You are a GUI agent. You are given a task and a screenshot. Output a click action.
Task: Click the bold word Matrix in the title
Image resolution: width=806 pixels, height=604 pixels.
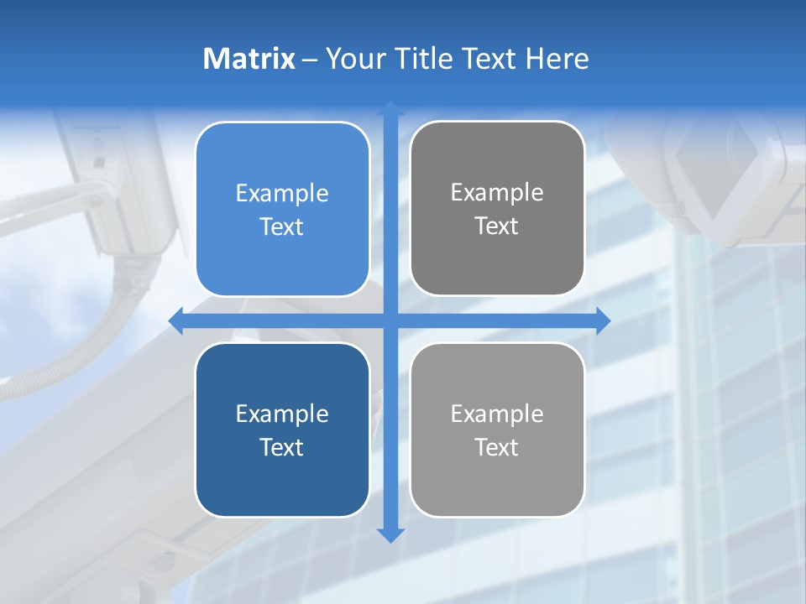[x=249, y=59]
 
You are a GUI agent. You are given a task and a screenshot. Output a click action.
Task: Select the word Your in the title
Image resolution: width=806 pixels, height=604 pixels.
[x=349, y=59]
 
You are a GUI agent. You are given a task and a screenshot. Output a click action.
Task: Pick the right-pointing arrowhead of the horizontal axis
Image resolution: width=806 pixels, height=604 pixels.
[x=603, y=321]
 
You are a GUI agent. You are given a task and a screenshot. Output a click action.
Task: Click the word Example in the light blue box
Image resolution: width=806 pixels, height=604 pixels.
[x=282, y=193]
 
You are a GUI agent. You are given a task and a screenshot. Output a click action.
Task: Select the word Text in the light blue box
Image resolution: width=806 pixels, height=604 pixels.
[x=282, y=226]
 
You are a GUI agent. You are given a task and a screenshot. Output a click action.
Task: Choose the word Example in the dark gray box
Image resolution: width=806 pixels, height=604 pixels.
[x=497, y=192]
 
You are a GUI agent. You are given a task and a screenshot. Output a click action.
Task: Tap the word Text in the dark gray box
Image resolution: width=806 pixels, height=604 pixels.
[x=497, y=226]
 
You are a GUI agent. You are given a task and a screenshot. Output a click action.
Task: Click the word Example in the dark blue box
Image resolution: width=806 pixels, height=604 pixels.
[x=282, y=414]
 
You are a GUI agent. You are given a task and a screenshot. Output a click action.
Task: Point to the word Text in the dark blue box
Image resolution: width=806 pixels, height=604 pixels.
[x=282, y=447]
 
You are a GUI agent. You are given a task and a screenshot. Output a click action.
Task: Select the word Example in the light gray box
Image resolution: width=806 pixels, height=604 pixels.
[x=497, y=414]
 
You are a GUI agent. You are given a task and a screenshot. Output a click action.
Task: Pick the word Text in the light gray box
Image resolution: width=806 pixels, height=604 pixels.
[x=497, y=447]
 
